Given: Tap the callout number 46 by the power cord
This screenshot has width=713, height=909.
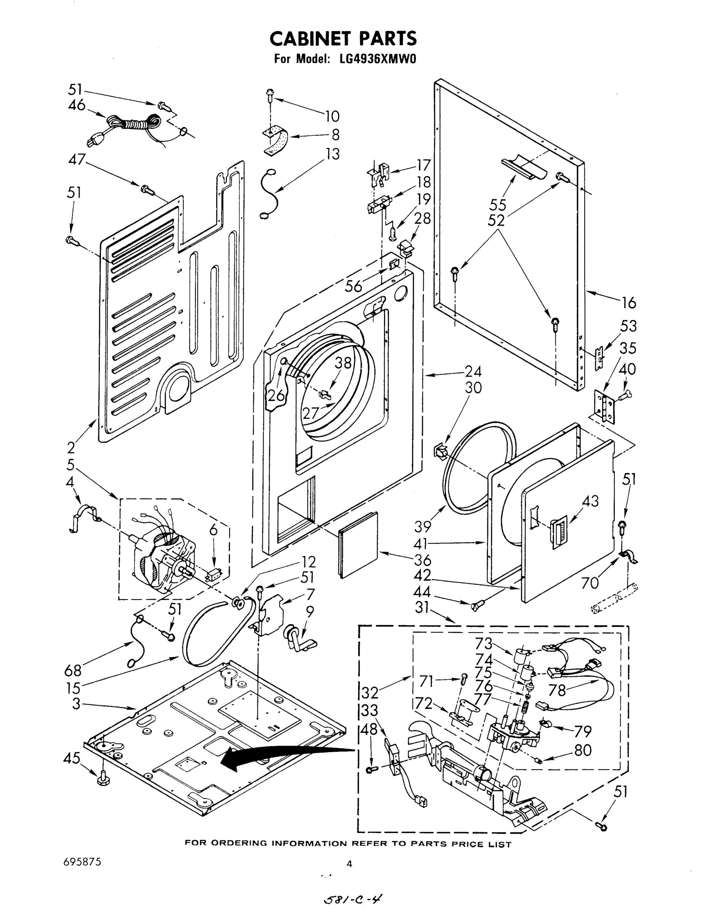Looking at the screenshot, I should pyautogui.click(x=77, y=105).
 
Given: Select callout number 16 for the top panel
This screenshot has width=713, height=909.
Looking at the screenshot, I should pyautogui.click(x=628, y=303).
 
